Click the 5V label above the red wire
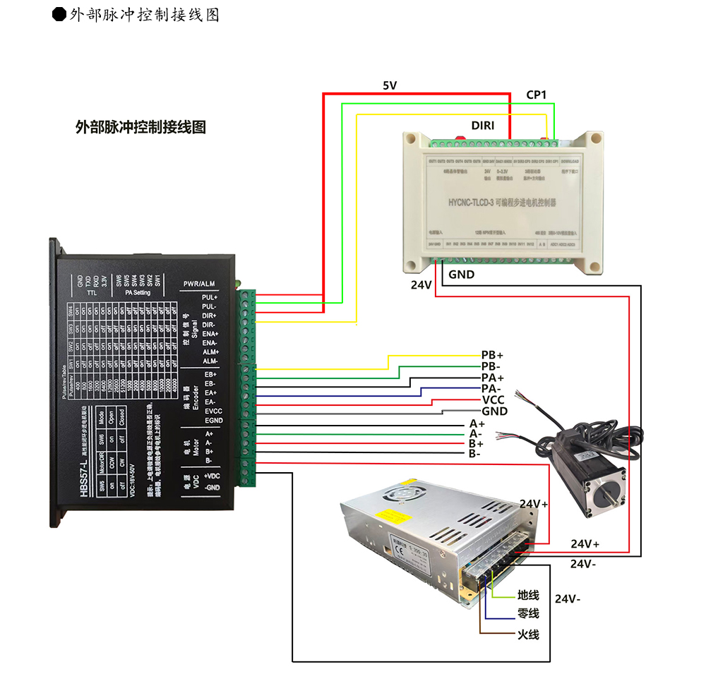(390, 85)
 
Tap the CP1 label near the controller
(537, 95)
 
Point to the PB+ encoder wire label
(493, 354)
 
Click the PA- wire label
(491, 388)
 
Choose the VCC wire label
(493, 399)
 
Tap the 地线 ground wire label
(528, 596)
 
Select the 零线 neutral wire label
(528, 613)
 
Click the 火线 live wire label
(528, 634)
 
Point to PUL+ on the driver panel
(210, 297)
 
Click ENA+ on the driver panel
(210, 333)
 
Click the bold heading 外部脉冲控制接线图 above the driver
(140, 127)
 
